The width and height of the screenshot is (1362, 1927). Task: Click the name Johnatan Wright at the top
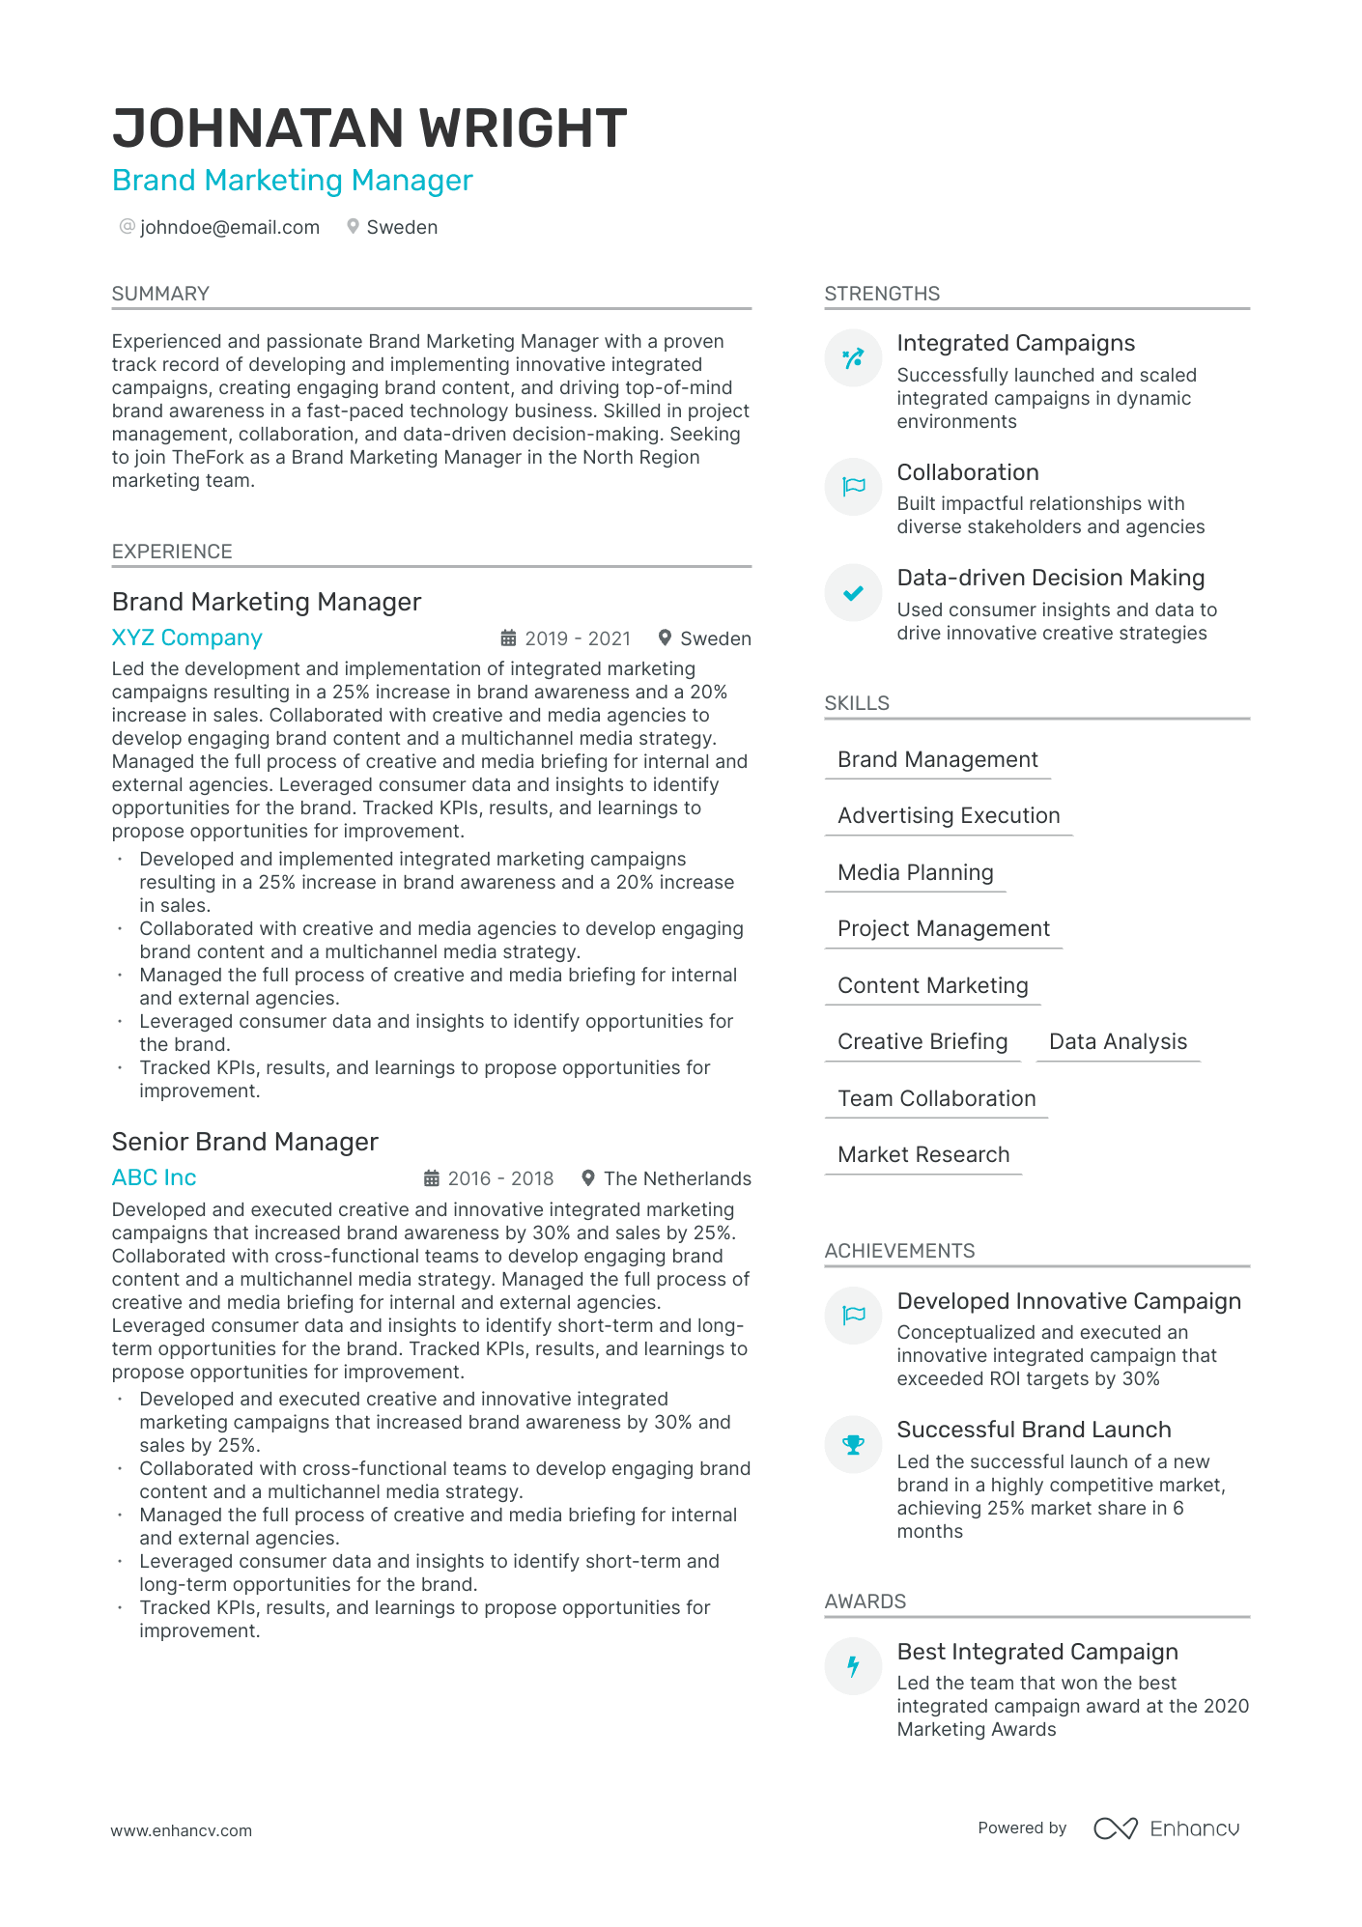[x=369, y=128]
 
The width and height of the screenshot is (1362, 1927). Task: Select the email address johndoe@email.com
[x=230, y=227]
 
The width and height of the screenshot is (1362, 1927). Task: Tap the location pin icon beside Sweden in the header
[x=354, y=226]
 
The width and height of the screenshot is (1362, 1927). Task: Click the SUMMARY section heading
[x=160, y=294]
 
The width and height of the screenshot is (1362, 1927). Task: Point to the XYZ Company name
[x=187, y=638]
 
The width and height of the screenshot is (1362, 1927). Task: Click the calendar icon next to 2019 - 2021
[x=508, y=638]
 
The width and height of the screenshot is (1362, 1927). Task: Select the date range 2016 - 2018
[x=500, y=1178]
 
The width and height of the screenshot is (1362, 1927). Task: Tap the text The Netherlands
[x=677, y=1178]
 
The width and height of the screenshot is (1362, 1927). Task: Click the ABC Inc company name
[x=155, y=1177]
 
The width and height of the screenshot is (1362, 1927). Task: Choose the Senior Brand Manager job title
[x=245, y=1142]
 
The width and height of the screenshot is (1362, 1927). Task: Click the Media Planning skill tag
[x=915, y=872]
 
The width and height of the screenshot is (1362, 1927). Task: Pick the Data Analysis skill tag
[x=1118, y=1041]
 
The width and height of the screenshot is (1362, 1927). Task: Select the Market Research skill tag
[x=923, y=1154]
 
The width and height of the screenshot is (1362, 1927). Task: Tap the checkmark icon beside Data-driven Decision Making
[x=853, y=593]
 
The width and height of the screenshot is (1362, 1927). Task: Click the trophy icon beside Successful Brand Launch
[x=853, y=1444]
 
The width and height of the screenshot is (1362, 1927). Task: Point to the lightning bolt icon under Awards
[x=853, y=1666]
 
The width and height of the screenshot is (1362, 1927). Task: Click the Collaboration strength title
[x=968, y=472]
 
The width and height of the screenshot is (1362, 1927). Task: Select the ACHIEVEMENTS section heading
[x=899, y=1251]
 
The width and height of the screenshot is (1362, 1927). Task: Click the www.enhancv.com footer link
[x=182, y=1830]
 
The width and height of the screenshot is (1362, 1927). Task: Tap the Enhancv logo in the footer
[x=1166, y=1828]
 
